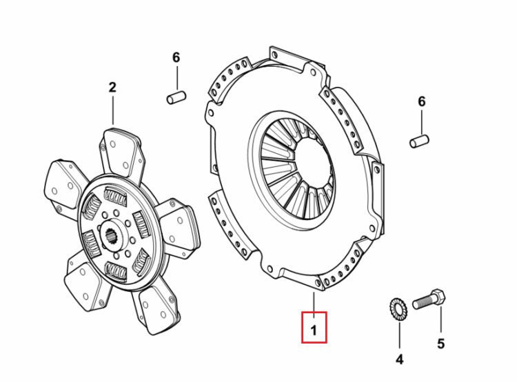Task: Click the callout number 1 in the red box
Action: tap(314, 330)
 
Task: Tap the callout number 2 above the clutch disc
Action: tap(112, 88)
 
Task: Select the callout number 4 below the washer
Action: tap(399, 359)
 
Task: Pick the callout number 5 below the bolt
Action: tap(441, 344)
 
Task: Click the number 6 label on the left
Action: tap(176, 57)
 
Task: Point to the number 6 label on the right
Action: tap(422, 101)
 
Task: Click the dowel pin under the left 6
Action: tap(176, 97)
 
